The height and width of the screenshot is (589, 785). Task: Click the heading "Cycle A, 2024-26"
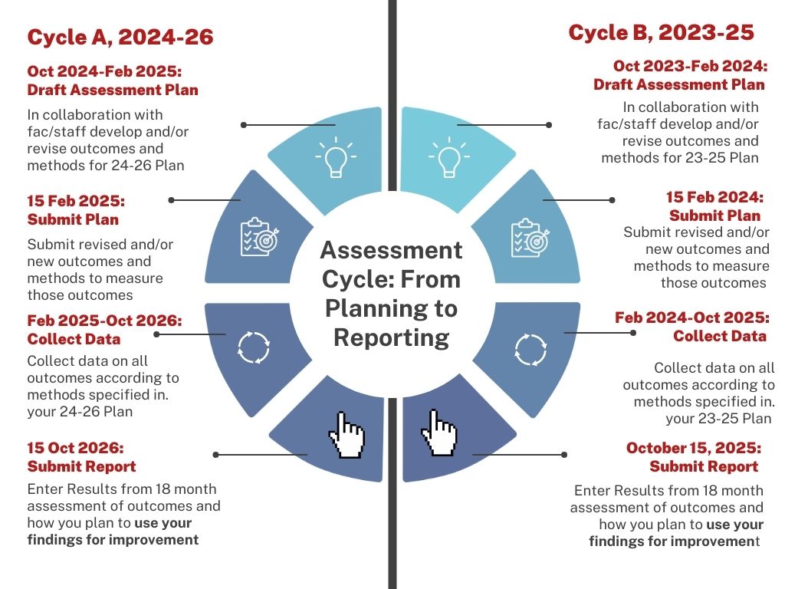coord(120,37)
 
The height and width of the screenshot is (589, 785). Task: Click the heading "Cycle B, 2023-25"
coord(661,33)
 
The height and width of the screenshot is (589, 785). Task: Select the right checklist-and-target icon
coord(529,237)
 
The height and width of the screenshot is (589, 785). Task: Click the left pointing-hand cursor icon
coord(345,436)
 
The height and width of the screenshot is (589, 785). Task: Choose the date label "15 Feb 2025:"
coord(76,201)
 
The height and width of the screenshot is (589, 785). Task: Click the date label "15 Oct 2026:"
coord(75,448)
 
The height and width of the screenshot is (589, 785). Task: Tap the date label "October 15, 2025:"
coord(693,448)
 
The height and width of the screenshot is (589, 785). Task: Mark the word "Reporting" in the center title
coord(391,337)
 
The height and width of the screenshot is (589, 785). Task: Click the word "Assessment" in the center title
coord(391,250)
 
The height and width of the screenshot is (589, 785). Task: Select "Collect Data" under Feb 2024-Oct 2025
coord(719,336)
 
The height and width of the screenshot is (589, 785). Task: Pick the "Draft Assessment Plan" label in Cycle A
coord(113,90)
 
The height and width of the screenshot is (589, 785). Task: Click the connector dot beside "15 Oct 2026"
coord(217,455)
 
